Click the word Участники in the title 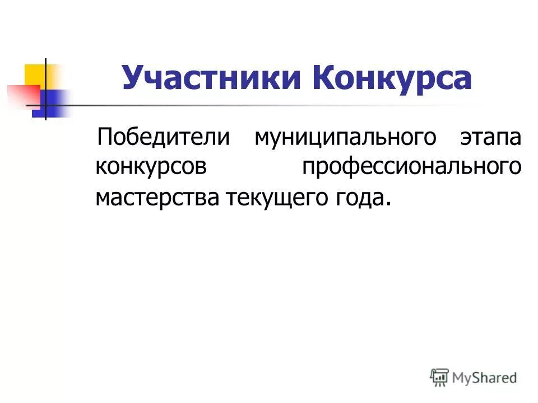click(210, 78)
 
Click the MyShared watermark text click(485, 377)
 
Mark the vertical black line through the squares click(45, 90)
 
